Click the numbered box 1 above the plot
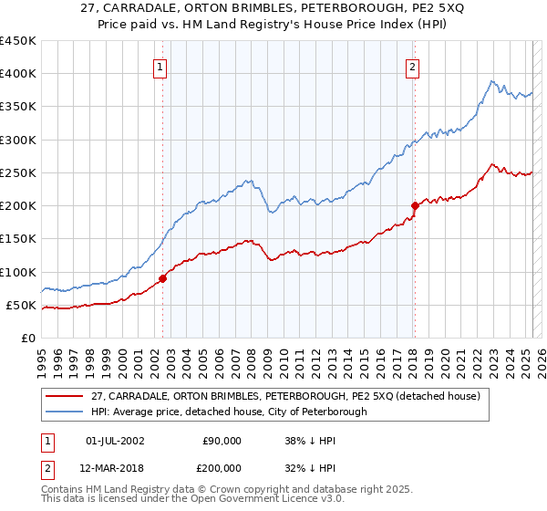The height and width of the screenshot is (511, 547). click(160, 67)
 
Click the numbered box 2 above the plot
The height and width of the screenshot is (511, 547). click(413, 67)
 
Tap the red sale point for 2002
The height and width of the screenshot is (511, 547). click(162, 278)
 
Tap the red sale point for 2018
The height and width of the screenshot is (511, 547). click(415, 205)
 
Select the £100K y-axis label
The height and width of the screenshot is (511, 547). click(18, 272)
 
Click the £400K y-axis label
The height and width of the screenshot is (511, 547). click(18, 74)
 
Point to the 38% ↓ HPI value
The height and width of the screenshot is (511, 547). click(311, 440)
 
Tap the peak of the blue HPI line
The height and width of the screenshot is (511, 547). click(491, 81)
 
